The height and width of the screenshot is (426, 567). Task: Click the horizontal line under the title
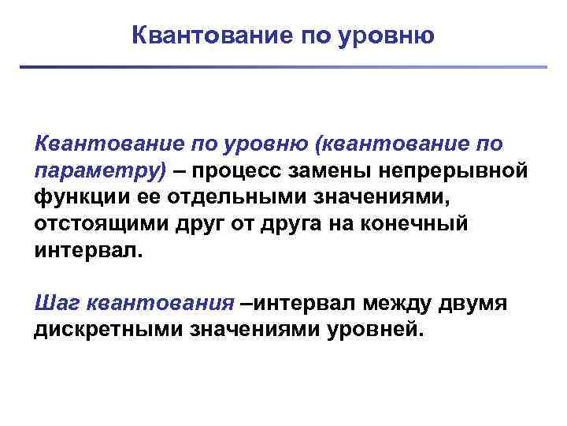coord(283,67)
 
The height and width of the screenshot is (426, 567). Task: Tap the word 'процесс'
coord(240,171)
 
